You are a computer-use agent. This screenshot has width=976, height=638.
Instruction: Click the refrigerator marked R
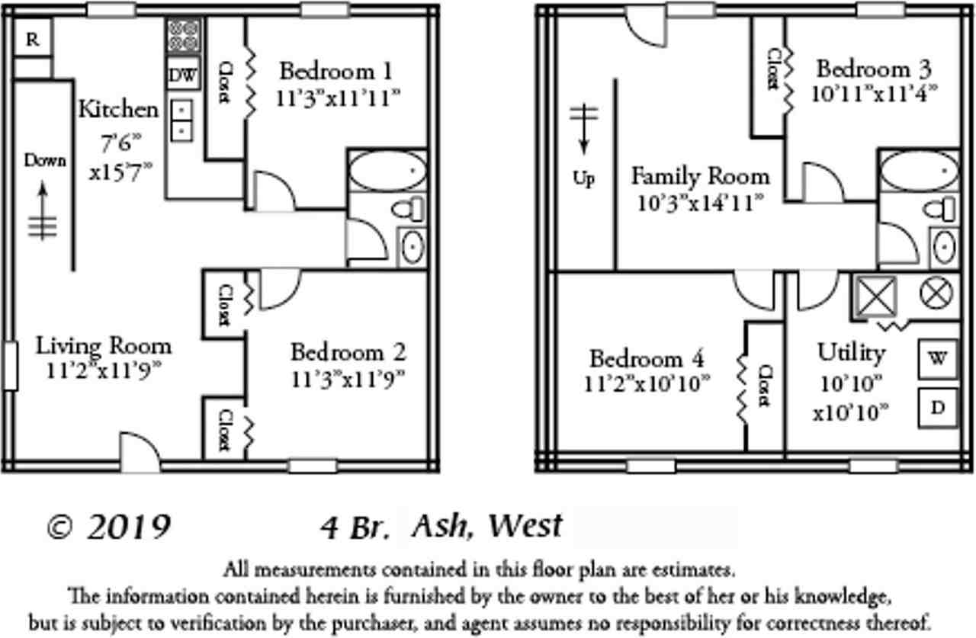[x=32, y=40]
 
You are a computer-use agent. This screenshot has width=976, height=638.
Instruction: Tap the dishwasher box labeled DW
[x=183, y=75]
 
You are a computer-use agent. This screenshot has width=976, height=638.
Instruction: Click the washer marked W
[x=937, y=358]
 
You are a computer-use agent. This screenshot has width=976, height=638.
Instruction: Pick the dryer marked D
[x=937, y=408]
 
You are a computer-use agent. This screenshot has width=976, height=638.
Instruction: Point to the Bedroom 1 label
[x=336, y=72]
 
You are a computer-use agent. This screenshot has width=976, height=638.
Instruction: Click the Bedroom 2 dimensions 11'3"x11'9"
[x=348, y=379]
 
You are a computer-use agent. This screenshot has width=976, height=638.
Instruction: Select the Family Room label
[x=700, y=177]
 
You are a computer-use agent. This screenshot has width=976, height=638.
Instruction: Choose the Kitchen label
[x=119, y=109]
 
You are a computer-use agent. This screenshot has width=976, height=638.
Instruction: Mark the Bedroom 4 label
[x=647, y=358]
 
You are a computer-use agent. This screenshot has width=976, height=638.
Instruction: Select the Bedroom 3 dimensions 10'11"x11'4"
[x=875, y=93]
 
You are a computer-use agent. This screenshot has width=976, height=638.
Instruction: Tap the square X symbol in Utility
[x=874, y=295]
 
